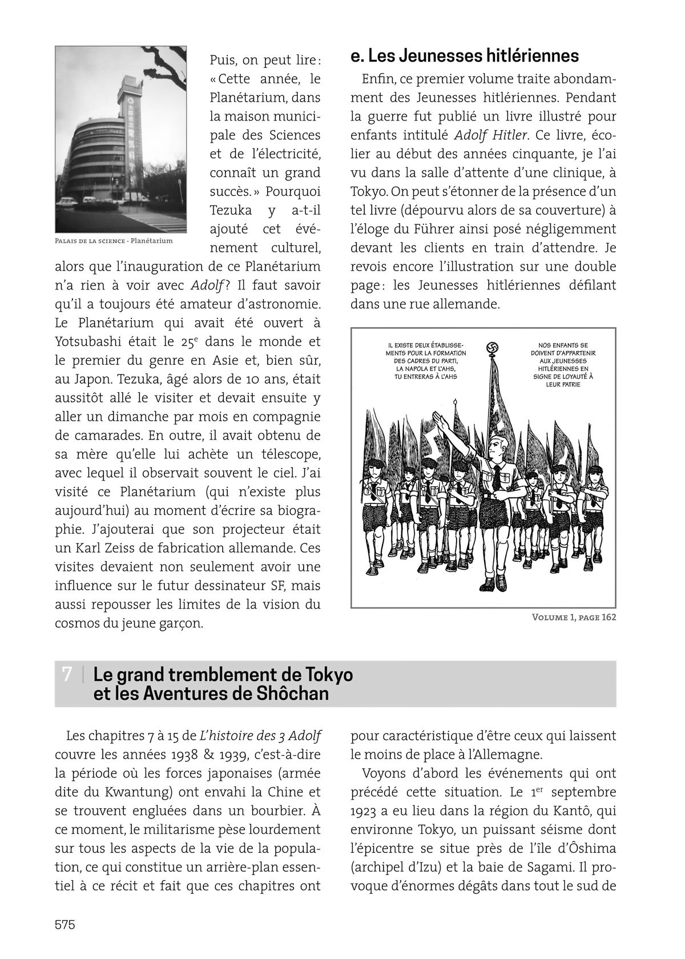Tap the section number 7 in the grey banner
[67, 674]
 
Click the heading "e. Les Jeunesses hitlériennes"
[465, 56]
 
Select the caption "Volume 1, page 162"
[574, 617]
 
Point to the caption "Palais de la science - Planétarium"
[114, 241]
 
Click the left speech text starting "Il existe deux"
[426, 361]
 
